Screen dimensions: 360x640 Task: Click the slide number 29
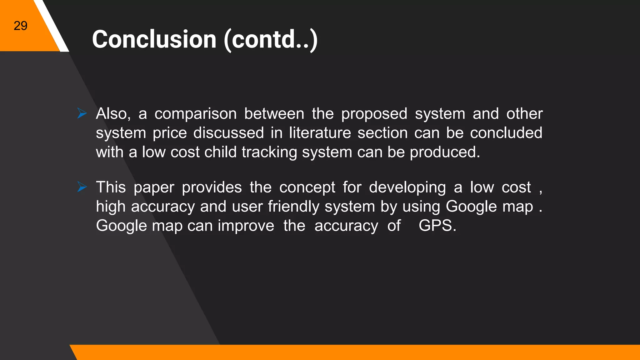(x=21, y=26)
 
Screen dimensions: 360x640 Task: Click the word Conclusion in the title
(x=154, y=39)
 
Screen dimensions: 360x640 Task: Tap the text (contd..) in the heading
(x=271, y=40)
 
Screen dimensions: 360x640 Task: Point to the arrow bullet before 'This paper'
(x=82, y=187)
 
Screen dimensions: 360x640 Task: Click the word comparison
(x=196, y=114)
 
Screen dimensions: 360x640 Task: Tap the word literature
(x=320, y=133)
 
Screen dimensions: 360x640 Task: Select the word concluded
(x=506, y=133)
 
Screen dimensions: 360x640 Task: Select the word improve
(x=246, y=226)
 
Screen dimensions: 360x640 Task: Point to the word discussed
(x=229, y=133)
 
